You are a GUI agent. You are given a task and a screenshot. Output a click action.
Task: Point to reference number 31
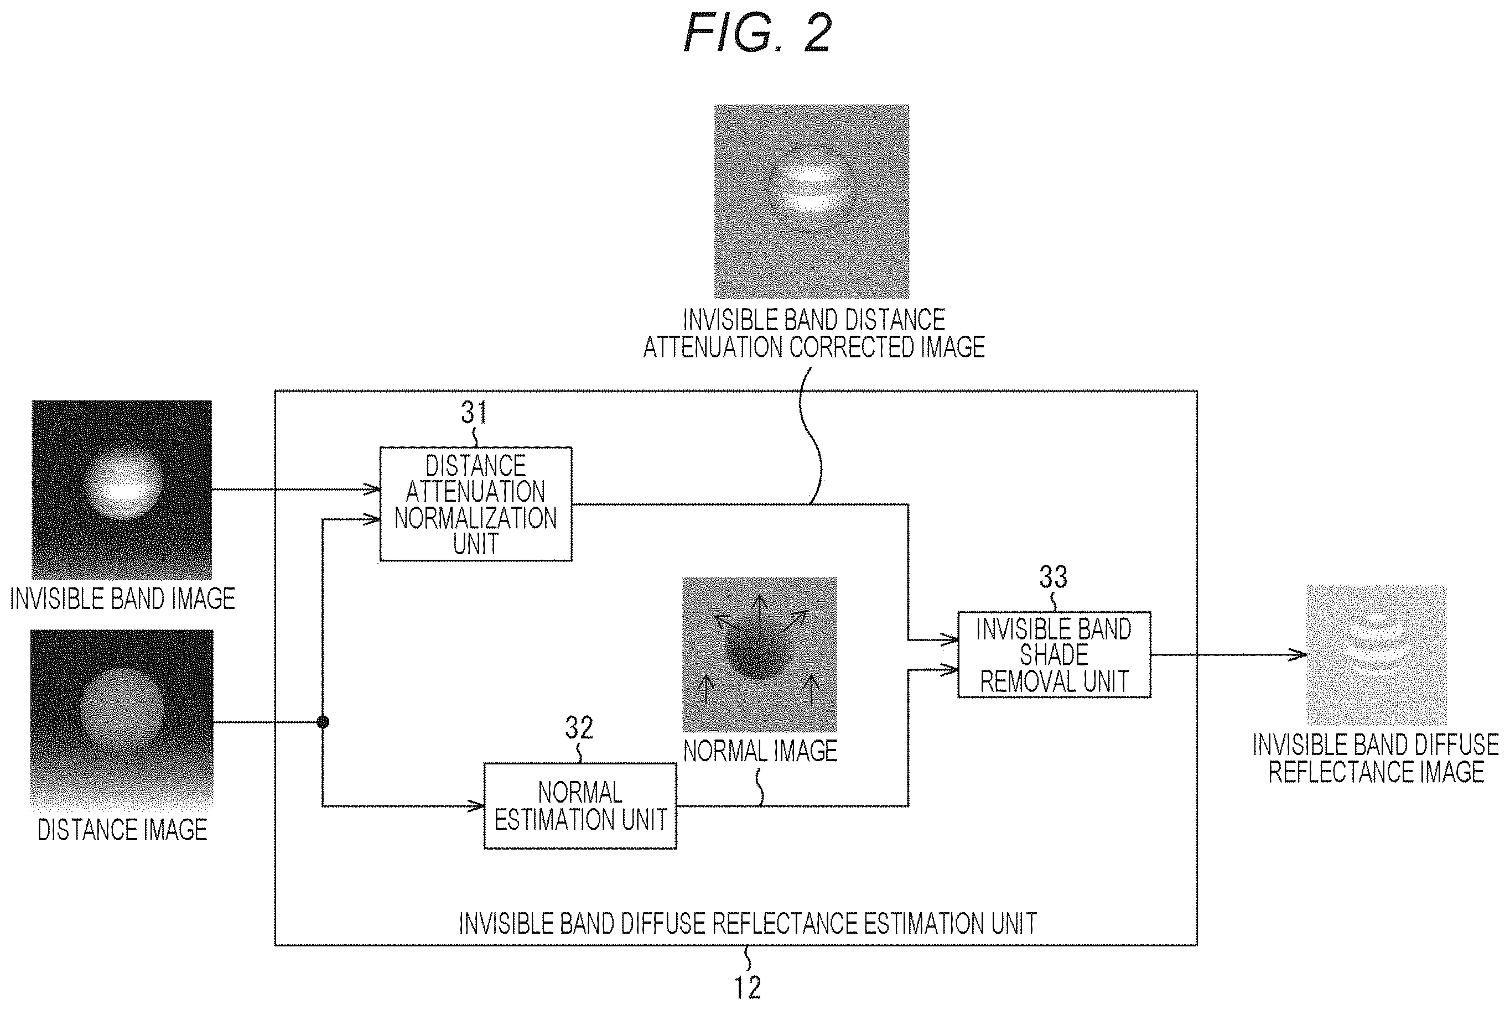coord(474,412)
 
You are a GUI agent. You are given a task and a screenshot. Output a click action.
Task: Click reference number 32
coord(578,728)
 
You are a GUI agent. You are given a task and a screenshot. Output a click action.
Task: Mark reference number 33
coord(1054,576)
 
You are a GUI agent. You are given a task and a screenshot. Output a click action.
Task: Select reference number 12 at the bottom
coord(748,987)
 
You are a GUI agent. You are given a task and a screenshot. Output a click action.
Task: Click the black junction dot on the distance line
coord(323,722)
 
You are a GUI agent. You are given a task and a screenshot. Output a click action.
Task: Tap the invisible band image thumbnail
coord(122,490)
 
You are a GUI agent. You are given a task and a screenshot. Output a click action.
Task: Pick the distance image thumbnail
coord(122,720)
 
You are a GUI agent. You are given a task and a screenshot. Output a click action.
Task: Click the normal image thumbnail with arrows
coord(760,654)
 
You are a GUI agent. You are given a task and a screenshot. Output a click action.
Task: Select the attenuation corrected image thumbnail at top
coord(812,202)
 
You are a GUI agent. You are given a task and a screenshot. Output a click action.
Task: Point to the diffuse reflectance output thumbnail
coord(1377,655)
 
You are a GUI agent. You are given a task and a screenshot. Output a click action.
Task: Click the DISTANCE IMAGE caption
coord(122,830)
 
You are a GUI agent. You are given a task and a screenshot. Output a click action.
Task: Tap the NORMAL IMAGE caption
coord(760,751)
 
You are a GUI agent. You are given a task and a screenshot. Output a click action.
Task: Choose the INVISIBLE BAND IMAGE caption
coord(122,599)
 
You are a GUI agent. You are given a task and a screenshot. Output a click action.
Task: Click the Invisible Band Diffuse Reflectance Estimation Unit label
coord(748,923)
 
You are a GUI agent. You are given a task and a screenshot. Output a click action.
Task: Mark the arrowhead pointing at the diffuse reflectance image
coord(1298,655)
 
